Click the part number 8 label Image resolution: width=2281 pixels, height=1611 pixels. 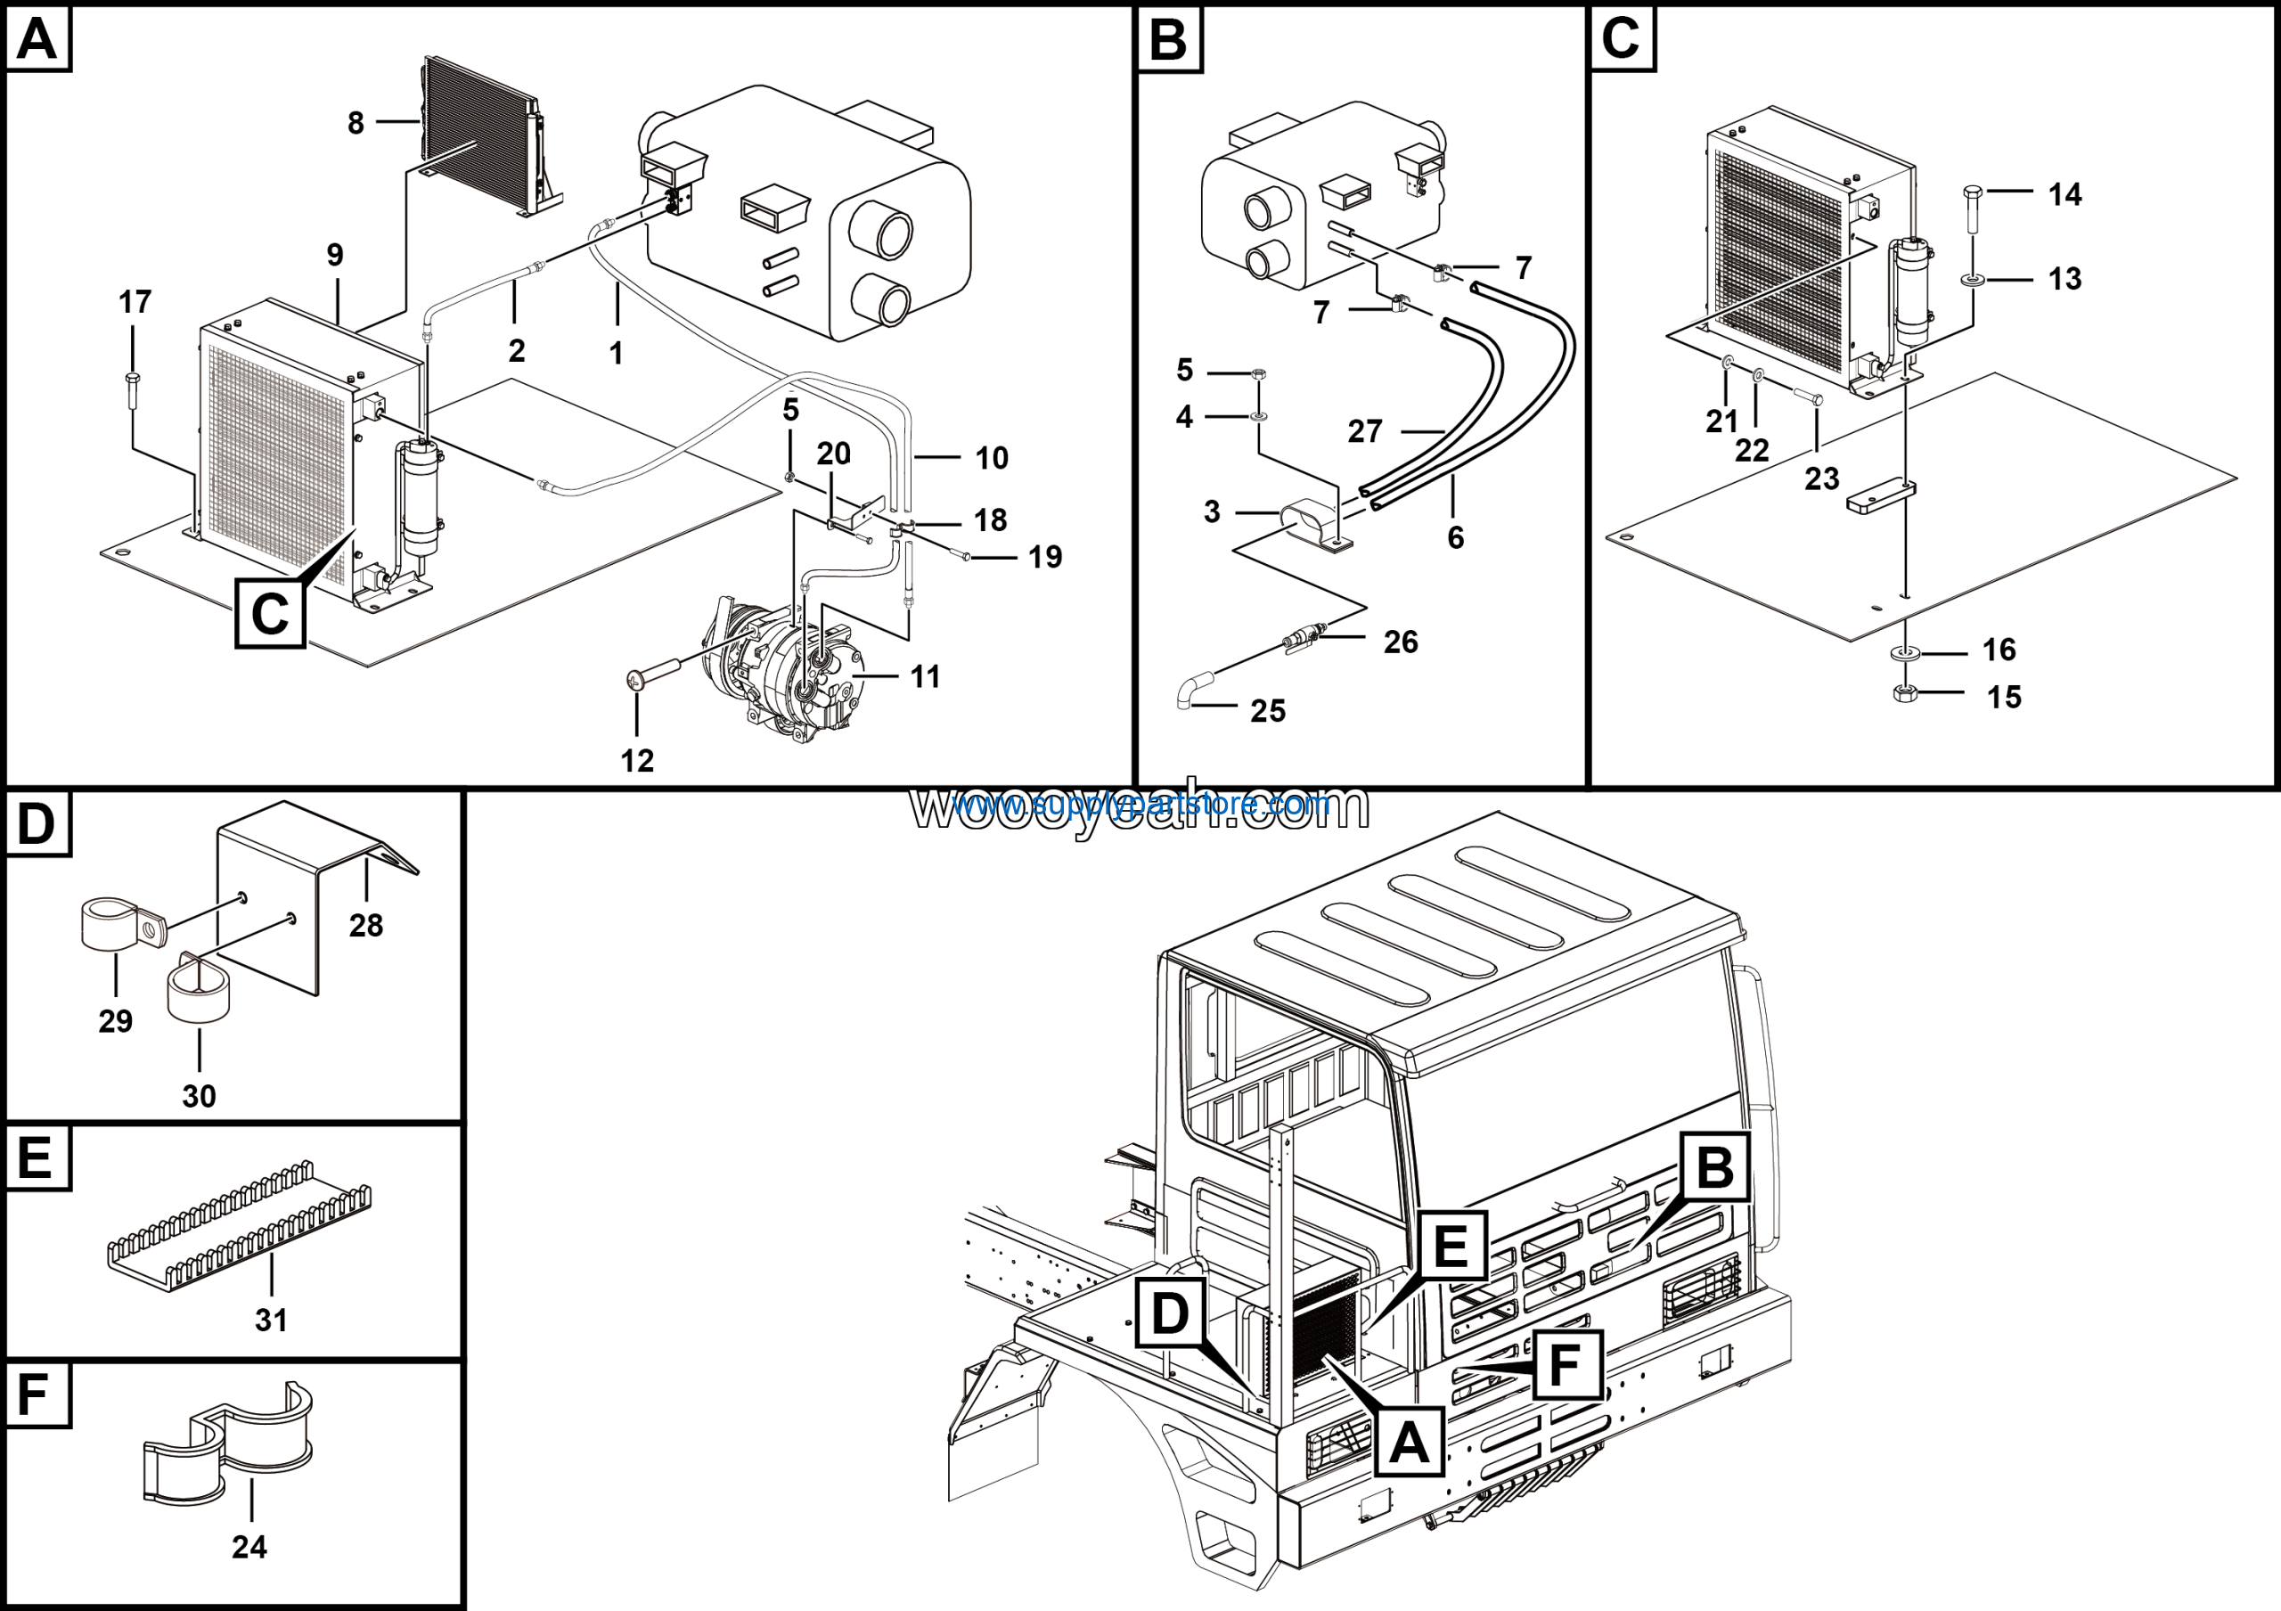355,123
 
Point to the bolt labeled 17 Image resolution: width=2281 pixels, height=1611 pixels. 132,391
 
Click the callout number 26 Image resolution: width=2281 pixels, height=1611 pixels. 1400,642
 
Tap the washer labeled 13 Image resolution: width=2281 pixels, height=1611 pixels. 1972,280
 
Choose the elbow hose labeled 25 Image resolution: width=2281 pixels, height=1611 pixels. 1193,688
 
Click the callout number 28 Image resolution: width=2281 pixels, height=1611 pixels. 365,926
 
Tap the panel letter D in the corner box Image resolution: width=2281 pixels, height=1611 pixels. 37,823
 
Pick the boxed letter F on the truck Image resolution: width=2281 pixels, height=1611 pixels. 1565,1365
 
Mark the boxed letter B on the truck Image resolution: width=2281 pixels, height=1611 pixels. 1714,1167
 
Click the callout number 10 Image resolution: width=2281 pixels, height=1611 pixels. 991,458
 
